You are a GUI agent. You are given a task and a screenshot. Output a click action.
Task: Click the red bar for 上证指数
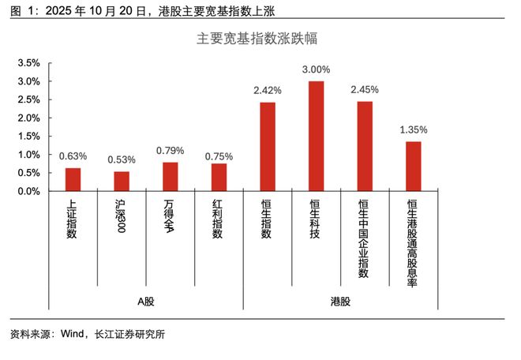click(x=73, y=179)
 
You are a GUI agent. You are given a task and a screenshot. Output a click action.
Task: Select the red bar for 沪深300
click(x=122, y=182)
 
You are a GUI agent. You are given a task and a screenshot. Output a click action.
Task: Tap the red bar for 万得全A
click(x=171, y=177)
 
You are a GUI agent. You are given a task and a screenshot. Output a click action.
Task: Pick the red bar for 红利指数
click(x=219, y=178)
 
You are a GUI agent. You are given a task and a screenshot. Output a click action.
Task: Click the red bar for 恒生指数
click(x=268, y=147)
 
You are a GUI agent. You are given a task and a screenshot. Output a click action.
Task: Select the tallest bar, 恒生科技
click(x=317, y=136)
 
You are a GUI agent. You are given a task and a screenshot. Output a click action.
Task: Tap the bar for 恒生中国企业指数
click(x=365, y=146)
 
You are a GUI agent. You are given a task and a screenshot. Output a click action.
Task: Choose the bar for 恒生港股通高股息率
click(x=414, y=167)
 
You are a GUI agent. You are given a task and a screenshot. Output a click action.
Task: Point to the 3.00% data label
click(x=317, y=70)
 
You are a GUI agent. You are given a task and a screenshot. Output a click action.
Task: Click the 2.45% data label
click(x=365, y=90)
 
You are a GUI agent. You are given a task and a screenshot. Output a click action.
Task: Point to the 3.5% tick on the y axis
click(x=28, y=63)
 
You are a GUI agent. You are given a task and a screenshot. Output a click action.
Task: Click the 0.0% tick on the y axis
click(x=28, y=191)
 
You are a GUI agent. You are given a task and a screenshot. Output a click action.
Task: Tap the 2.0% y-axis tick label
click(x=28, y=118)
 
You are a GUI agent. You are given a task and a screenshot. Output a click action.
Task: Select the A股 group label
click(x=146, y=302)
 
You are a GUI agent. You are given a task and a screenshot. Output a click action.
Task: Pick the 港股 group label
click(x=340, y=302)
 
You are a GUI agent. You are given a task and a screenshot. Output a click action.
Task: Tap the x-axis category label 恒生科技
click(x=317, y=218)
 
